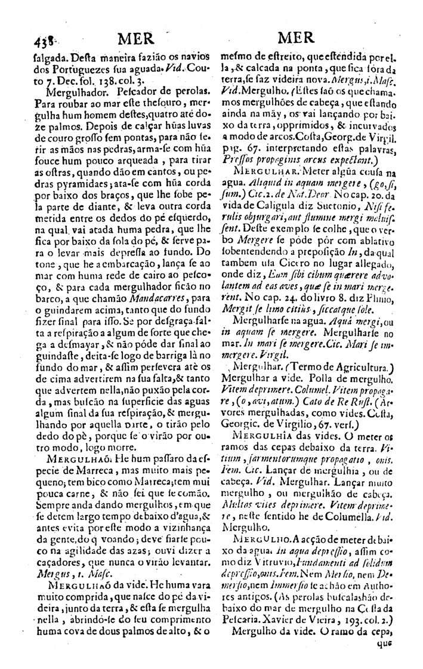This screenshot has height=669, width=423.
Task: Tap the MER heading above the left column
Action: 135,39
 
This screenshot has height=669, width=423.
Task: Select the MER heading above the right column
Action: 297,38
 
